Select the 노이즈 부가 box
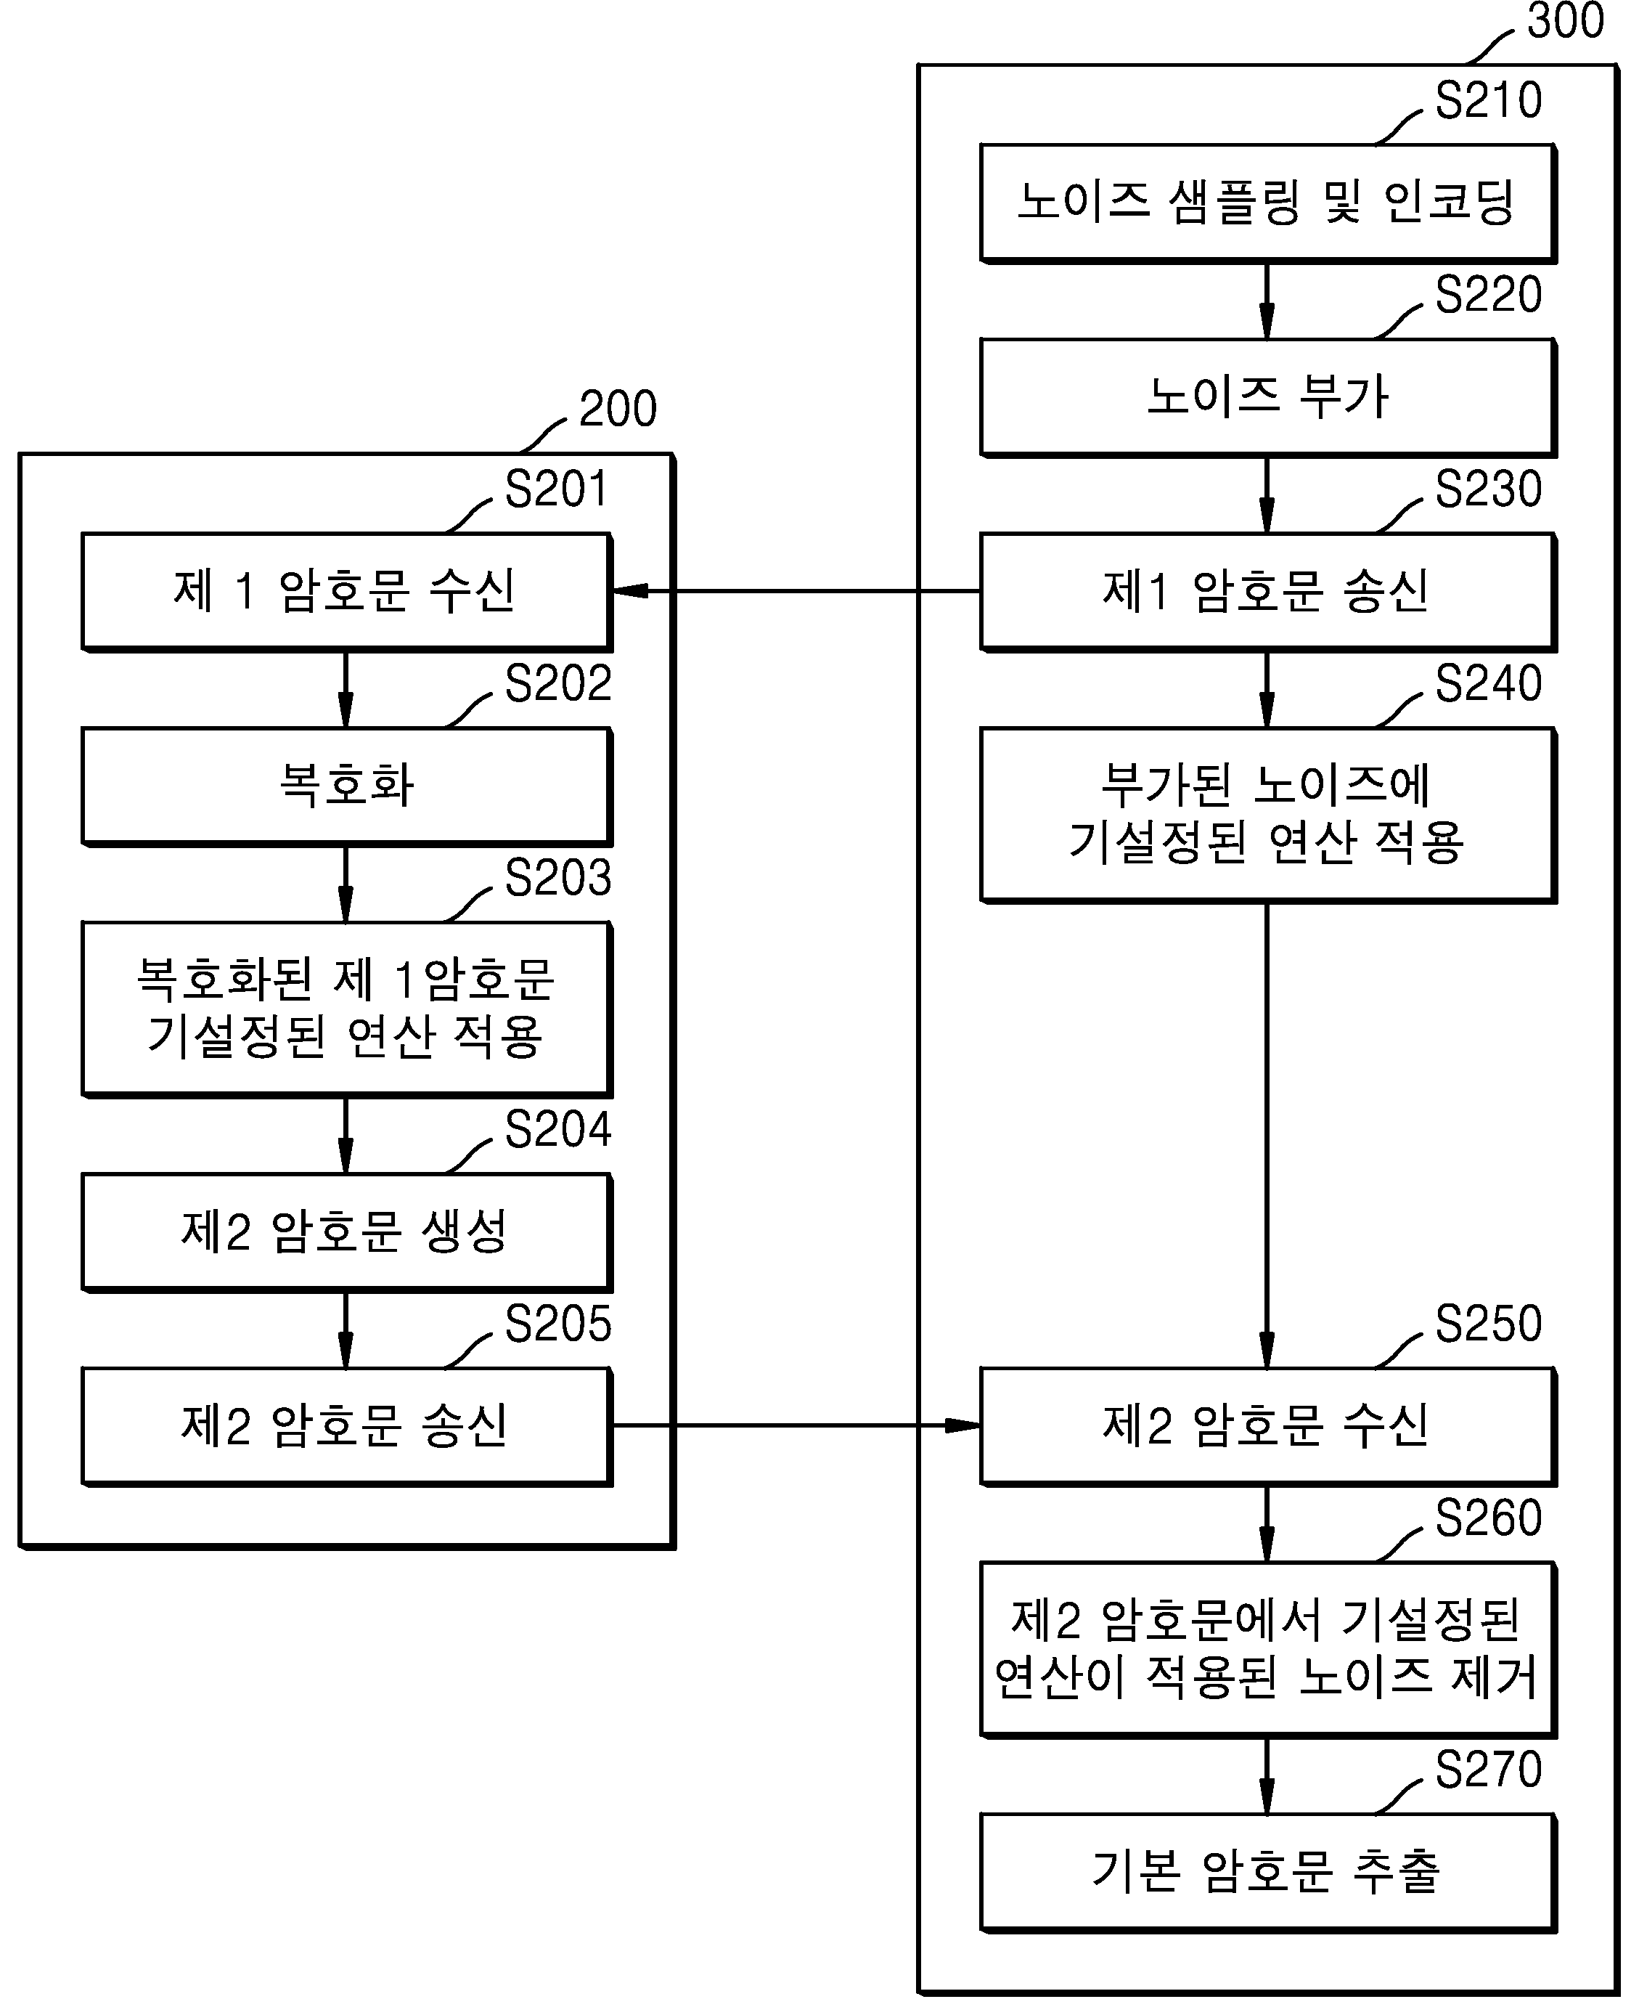1268,397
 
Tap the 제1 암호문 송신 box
1268,592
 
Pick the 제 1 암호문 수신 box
346,592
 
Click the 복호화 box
346,786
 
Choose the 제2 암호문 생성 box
346,1232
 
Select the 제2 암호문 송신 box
346,1427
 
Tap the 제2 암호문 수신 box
1268,1427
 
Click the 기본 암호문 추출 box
1268,1873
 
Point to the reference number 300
1564,21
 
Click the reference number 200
618,409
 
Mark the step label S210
1488,100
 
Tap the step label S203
558,878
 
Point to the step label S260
1488,1518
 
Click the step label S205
558,1324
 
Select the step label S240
1488,683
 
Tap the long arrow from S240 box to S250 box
1267,1136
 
